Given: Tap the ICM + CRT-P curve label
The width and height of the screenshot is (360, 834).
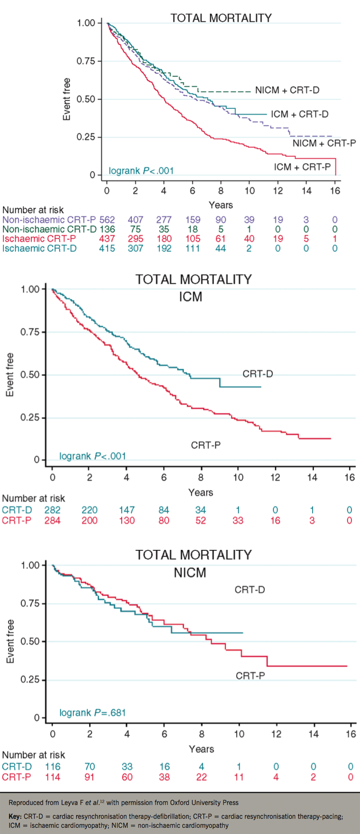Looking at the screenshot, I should coord(302,166).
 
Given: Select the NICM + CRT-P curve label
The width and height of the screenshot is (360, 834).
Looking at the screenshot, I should coord(324,143).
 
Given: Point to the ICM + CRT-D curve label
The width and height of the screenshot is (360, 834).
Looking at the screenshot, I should coord(299,114).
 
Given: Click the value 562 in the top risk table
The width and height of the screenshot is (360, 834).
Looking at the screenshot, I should coord(107,220).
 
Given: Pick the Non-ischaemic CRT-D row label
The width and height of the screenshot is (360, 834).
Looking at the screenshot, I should coord(49,230).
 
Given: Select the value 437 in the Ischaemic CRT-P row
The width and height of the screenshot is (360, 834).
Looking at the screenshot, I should coord(107,239).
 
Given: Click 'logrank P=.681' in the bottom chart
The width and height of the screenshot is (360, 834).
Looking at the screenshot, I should coord(93,712).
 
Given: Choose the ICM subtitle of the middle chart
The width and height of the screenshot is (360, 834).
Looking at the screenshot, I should coord(190,296).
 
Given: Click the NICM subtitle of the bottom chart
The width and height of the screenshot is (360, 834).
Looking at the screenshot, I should coord(190,572).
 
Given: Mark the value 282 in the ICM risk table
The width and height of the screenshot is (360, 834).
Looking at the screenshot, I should coord(52,510).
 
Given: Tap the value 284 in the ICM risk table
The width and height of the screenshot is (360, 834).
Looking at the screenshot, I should coord(52,520).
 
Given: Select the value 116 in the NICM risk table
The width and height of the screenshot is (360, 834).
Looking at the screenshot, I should coord(52,767).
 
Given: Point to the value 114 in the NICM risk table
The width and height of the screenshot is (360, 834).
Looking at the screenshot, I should coord(52,777).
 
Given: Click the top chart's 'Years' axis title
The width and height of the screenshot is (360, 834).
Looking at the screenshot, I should coord(220,205).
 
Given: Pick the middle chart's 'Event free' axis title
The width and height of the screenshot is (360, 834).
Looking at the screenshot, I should coord(10,375).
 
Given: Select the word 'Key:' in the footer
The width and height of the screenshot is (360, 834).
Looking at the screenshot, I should coord(16,816).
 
